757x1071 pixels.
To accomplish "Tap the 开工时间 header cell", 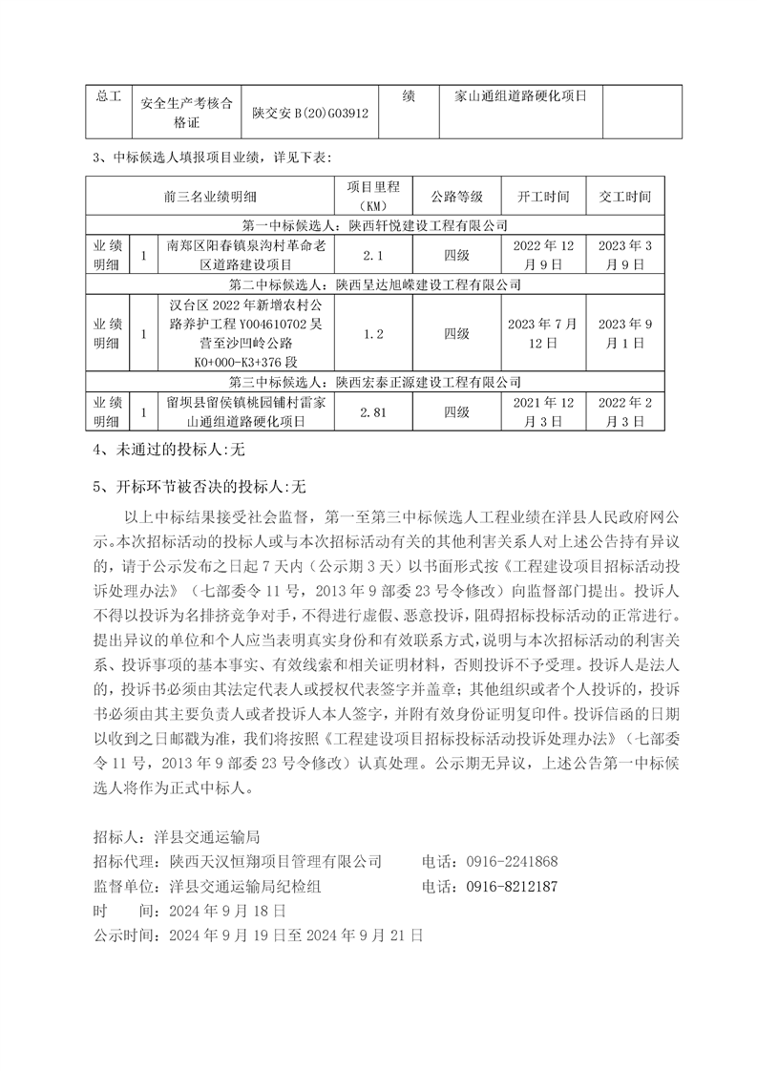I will [543, 197].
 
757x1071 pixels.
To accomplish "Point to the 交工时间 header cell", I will [624, 197].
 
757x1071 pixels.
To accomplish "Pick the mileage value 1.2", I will [373, 334].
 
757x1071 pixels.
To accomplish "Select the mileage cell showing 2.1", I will [373, 256].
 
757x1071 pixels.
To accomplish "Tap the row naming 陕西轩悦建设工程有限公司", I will [376, 226].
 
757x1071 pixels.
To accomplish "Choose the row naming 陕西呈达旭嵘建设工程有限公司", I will [376, 284].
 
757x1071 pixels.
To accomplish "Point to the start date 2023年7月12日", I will [543, 334].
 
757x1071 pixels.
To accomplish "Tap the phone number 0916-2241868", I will [512, 861].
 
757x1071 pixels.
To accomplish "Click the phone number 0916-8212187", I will [512, 886].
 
